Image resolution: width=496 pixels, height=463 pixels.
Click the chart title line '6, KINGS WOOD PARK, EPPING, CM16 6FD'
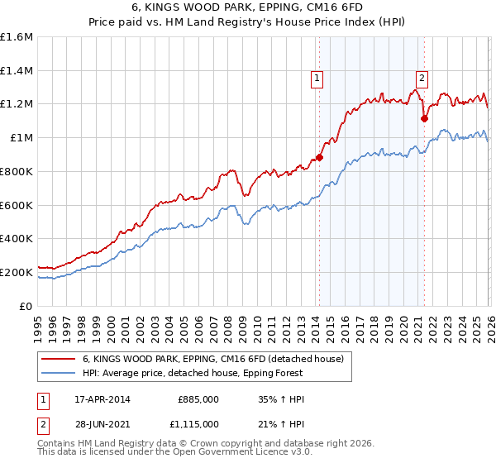coord(248,7)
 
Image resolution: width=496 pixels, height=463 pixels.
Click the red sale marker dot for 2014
coord(320,157)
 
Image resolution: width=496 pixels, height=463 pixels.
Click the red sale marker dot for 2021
coord(425,118)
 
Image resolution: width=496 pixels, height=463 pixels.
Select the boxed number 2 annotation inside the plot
coord(422,79)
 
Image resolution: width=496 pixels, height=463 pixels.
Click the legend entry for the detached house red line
coord(218,360)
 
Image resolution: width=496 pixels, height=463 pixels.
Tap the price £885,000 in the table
coord(198,399)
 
